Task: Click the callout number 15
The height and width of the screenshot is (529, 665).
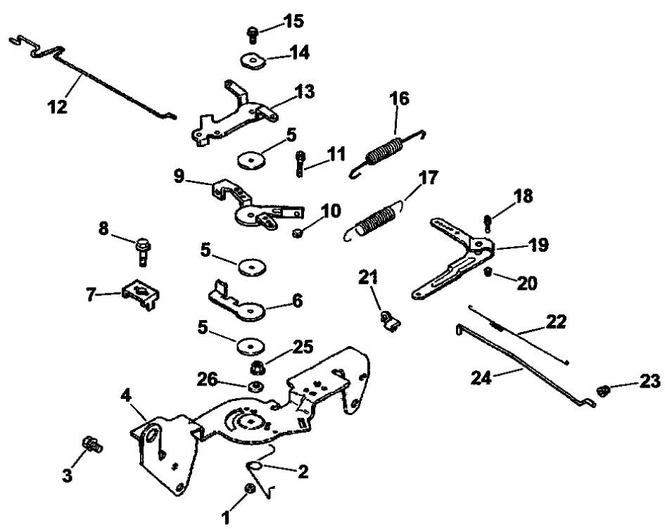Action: pyautogui.click(x=293, y=21)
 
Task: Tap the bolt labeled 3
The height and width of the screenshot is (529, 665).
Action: pyautogui.click(x=90, y=444)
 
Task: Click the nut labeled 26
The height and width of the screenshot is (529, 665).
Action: pyautogui.click(x=256, y=385)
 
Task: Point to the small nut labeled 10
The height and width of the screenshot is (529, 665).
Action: pyautogui.click(x=298, y=231)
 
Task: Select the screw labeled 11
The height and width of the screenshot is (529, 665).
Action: pyautogui.click(x=300, y=164)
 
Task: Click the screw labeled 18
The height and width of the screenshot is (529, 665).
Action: pyautogui.click(x=487, y=222)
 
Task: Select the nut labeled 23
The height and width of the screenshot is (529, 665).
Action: pyautogui.click(x=602, y=390)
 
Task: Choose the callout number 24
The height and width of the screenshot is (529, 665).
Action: pyautogui.click(x=483, y=377)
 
